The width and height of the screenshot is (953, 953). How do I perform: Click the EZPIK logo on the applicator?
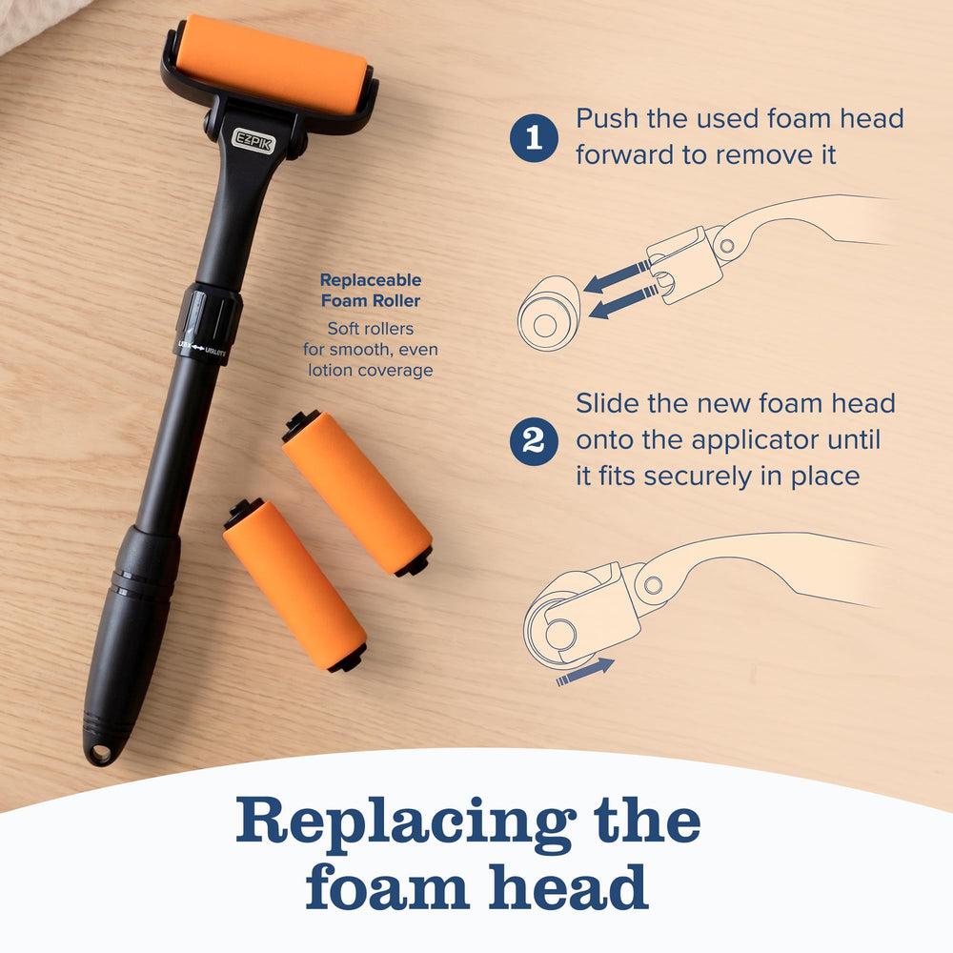(x=253, y=141)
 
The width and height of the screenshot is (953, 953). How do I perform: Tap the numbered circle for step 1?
(x=534, y=137)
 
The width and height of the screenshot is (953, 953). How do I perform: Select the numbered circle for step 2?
(x=534, y=441)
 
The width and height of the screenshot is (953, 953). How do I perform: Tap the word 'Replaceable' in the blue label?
(x=371, y=280)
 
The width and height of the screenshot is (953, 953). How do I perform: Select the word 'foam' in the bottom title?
(x=387, y=887)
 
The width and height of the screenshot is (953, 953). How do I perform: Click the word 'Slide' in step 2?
(x=608, y=403)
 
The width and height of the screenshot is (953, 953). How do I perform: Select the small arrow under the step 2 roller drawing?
(x=585, y=672)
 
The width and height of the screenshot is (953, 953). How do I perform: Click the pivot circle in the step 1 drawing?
(x=726, y=247)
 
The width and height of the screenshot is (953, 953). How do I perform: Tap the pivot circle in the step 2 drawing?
(x=654, y=585)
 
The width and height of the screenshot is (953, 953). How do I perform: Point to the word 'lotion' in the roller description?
(x=332, y=370)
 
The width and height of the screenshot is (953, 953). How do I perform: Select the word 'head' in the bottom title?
(x=568, y=887)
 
